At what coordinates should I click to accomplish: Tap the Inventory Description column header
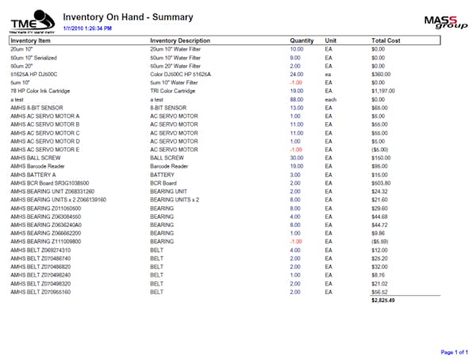click(x=180, y=40)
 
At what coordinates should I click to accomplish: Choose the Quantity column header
click(x=301, y=40)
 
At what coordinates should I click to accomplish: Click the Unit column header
click(x=331, y=40)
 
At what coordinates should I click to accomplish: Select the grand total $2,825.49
click(x=382, y=301)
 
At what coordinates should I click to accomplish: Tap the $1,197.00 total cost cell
click(x=386, y=90)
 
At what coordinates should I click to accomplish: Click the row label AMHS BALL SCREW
click(x=37, y=157)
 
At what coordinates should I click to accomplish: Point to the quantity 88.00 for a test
click(x=296, y=99)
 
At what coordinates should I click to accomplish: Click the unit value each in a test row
click(x=331, y=99)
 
